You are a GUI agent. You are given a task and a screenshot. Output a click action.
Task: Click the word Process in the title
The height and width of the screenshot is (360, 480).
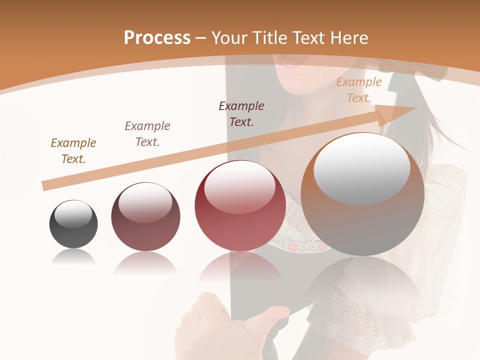(157, 37)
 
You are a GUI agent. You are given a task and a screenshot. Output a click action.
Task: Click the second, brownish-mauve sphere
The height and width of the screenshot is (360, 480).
(145, 217)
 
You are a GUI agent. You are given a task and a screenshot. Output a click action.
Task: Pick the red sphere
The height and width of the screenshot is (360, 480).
(240, 206)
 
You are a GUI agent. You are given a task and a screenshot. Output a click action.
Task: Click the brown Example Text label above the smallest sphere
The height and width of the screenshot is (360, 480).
(73, 150)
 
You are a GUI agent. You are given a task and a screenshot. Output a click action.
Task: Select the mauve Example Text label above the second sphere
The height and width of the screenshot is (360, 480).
(147, 133)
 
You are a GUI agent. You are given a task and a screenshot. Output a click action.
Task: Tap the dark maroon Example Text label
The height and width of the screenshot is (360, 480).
(241, 113)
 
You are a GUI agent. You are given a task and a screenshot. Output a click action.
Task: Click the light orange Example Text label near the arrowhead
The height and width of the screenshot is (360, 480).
(359, 90)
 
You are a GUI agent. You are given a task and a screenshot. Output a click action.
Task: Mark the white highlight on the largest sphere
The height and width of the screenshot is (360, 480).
(362, 169)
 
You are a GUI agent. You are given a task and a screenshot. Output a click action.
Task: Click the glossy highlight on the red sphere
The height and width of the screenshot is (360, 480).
(240, 187)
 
